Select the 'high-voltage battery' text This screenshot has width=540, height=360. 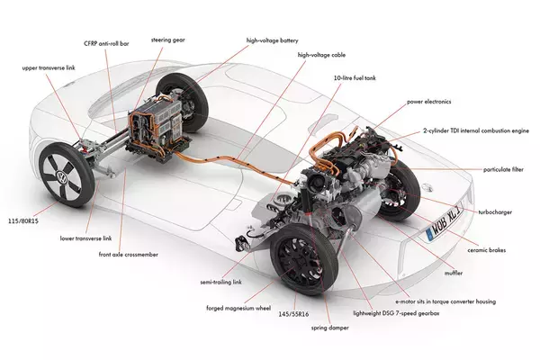[272, 40]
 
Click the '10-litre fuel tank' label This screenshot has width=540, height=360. [355, 78]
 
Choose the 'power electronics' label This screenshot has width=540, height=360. [430, 103]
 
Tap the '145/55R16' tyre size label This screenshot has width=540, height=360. [290, 315]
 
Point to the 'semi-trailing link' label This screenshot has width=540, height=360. [220, 282]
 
